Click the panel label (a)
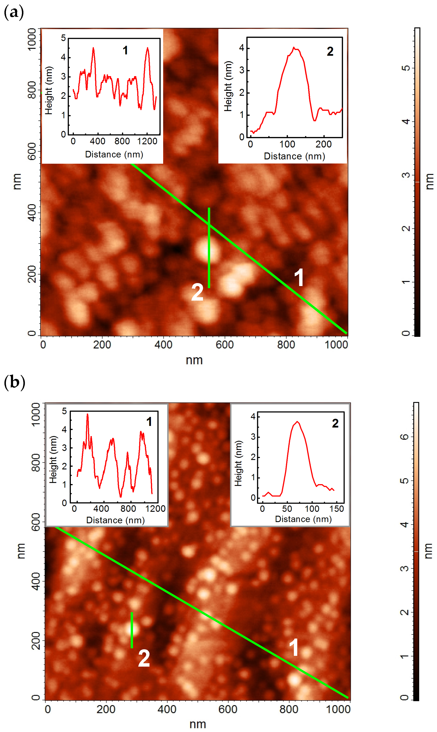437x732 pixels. pyautogui.click(x=13, y=12)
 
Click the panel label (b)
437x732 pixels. pyautogui.click(x=14, y=382)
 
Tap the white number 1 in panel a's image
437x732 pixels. pyautogui.click(x=299, y=277)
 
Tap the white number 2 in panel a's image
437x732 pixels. pyautogui.click(x=197, y=292)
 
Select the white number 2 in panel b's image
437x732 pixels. pyautogui.click(x=144, y=658)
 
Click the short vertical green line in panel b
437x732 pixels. pyautogui.click(x=132, y=630)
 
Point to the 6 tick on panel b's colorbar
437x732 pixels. pyautogui.click(x=405, y=437)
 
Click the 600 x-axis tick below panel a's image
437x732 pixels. pyautogui.click(x=224, y=344)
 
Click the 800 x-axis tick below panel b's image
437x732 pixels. pyautogui.click(x=289, y=709)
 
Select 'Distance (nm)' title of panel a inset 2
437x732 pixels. pyautogui.click(x=294, y=156)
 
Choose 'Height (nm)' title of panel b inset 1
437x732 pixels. pyautogui.click(x=53, y=459)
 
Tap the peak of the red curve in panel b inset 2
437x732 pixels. pyautogui.click(x=297, y=422)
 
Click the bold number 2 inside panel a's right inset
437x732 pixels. pyautogui.click(x=330, y=51)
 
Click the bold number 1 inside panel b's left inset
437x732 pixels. pyautogui.click(x=149, y=421)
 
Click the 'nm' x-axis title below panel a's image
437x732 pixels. pyautogui.click(x=194, y=360)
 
